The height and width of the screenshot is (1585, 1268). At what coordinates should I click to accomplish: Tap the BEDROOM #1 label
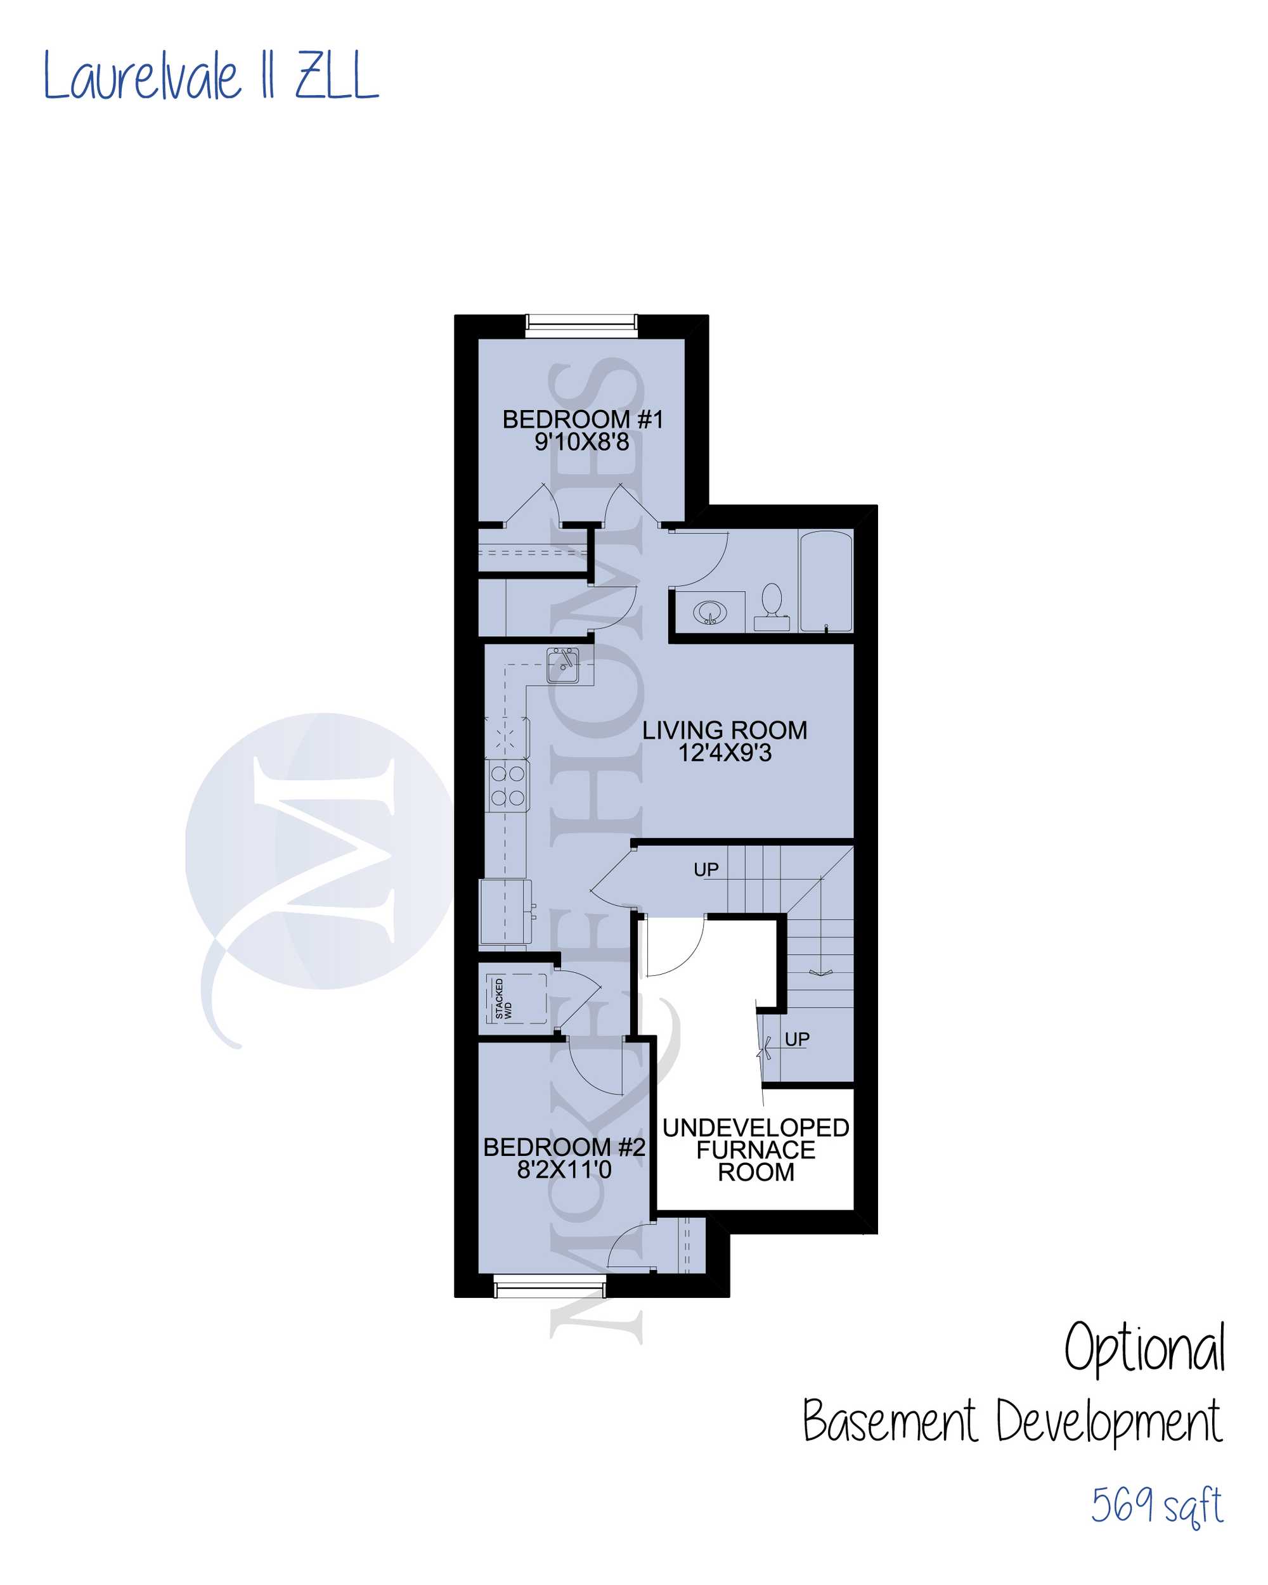[x=583, y=420]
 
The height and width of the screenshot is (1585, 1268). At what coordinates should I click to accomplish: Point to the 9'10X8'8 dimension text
[x=582, y=442]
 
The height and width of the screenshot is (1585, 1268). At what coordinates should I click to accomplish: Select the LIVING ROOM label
[x=725, y=730]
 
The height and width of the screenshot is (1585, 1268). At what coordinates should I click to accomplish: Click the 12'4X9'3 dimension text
[x=725, y=753]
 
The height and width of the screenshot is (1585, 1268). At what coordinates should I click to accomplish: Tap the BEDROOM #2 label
[x=564, y=1147]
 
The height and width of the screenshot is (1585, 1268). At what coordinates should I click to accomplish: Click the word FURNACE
[x=756, y=1150]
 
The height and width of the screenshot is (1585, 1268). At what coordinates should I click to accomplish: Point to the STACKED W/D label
[x=503, y=999]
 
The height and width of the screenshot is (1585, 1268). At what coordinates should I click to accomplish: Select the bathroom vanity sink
[x=709, y=612]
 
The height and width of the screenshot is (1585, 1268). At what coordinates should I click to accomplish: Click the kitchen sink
[x=562, y=665]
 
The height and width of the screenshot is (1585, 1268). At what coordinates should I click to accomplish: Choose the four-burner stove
[x=507, y=785]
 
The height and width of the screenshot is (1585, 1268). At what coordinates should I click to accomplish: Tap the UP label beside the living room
[x=706, y=870]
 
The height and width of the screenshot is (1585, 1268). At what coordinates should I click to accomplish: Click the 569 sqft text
[x=1156, y=1507]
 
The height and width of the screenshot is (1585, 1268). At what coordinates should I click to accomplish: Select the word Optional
[x=1145, y=1347]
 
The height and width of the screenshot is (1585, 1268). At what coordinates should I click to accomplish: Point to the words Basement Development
[x=1012, y=1423]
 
